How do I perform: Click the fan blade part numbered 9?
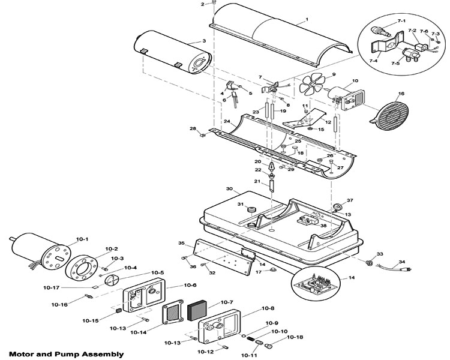pos(312,84)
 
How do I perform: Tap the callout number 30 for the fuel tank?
pos(229,188)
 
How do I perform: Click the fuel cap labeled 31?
pos(251,208)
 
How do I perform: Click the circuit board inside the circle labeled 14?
pos(316,285)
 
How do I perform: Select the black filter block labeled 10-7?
pos(197,311)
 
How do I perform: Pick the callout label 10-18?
pos(295,337)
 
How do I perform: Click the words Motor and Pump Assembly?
pos(67,354)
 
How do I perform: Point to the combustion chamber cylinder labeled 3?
pos(173,53)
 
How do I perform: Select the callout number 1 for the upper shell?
pos(307,20)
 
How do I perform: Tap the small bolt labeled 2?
pos(214,3)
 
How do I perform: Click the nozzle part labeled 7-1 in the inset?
pos(380,31)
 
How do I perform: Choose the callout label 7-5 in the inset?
pos(395,63)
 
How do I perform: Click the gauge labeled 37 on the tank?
pos(338,207)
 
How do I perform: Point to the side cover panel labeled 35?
pos(224,257)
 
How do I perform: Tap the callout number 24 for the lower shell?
pos(227,121)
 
